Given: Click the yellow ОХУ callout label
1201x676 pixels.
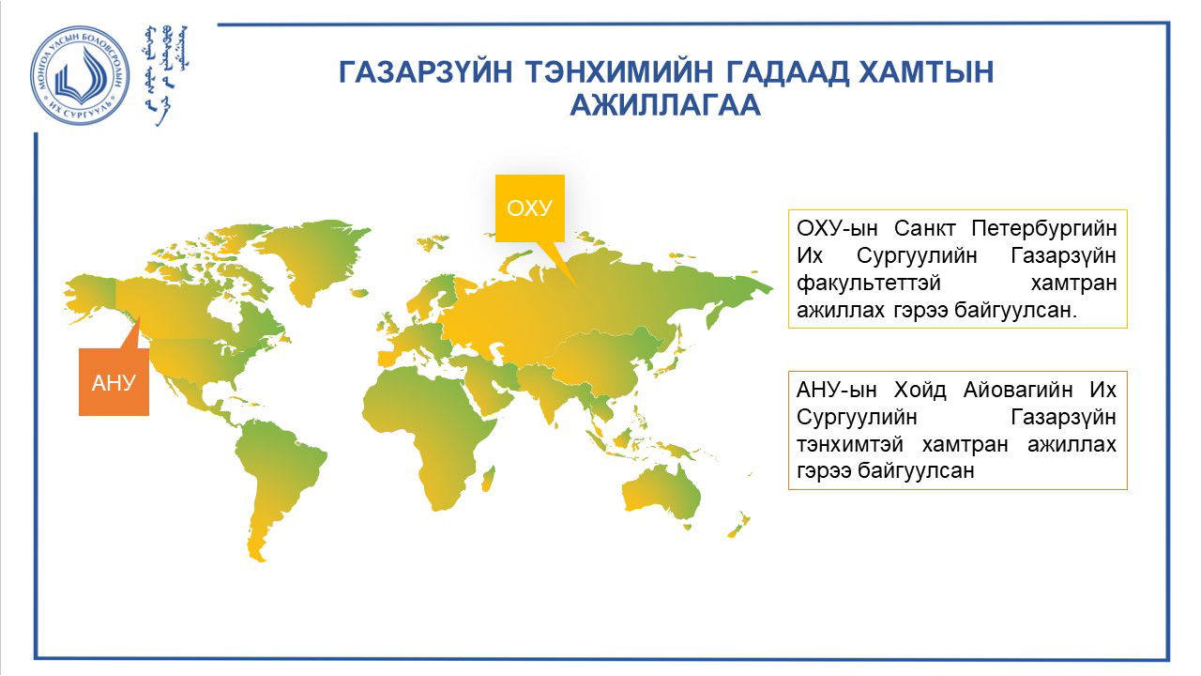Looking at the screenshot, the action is click(x=530, y=208).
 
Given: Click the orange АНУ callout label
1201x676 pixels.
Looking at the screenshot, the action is click(x=114, y=382).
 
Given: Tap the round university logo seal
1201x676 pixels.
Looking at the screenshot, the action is click(x=80, y=76).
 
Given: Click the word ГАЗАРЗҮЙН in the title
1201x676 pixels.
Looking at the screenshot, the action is click(x=426, y=72).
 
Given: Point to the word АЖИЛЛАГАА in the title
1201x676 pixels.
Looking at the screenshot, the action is click(x=665, y=104).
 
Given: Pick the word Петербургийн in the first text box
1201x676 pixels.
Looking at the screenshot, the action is click(x=1044, y=229).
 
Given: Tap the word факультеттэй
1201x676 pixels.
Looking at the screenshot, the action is click(x=869, y=283).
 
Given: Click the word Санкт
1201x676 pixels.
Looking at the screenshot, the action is click(x=924, y=229).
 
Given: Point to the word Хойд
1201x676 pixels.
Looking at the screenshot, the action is click(x=920, y=390).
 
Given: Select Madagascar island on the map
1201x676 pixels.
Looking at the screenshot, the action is click(x=488, y=479).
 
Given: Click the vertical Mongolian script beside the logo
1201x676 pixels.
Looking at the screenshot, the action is click(x=166, y=74).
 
